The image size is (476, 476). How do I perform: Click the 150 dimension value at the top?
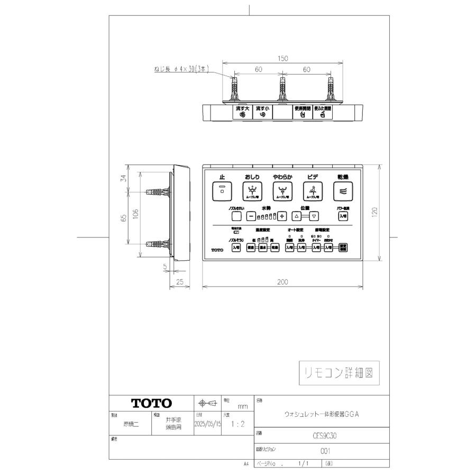pyautogui.click(x=283, y=59)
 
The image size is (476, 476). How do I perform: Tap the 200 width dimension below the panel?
pyautogui.click(x=283, y=282)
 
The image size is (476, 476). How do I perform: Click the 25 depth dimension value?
pyautogui.click(x=180, y=282)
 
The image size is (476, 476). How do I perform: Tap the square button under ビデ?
pyautogui.click(x=312, y=191)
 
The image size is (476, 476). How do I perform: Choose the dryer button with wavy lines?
pyautogui.click(x=342, y=191)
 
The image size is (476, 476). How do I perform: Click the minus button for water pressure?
pyautogui.click(x=251, y=216)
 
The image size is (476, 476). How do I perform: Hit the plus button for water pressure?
pyautogui.click(x=282, y=216)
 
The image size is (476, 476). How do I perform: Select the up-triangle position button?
pyautogui.click(x=297, y=216)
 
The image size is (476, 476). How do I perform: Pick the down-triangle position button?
pyautogui.click(x=314, y=216)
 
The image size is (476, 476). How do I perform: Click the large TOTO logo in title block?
pyautogui.click(x=151, y=403)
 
